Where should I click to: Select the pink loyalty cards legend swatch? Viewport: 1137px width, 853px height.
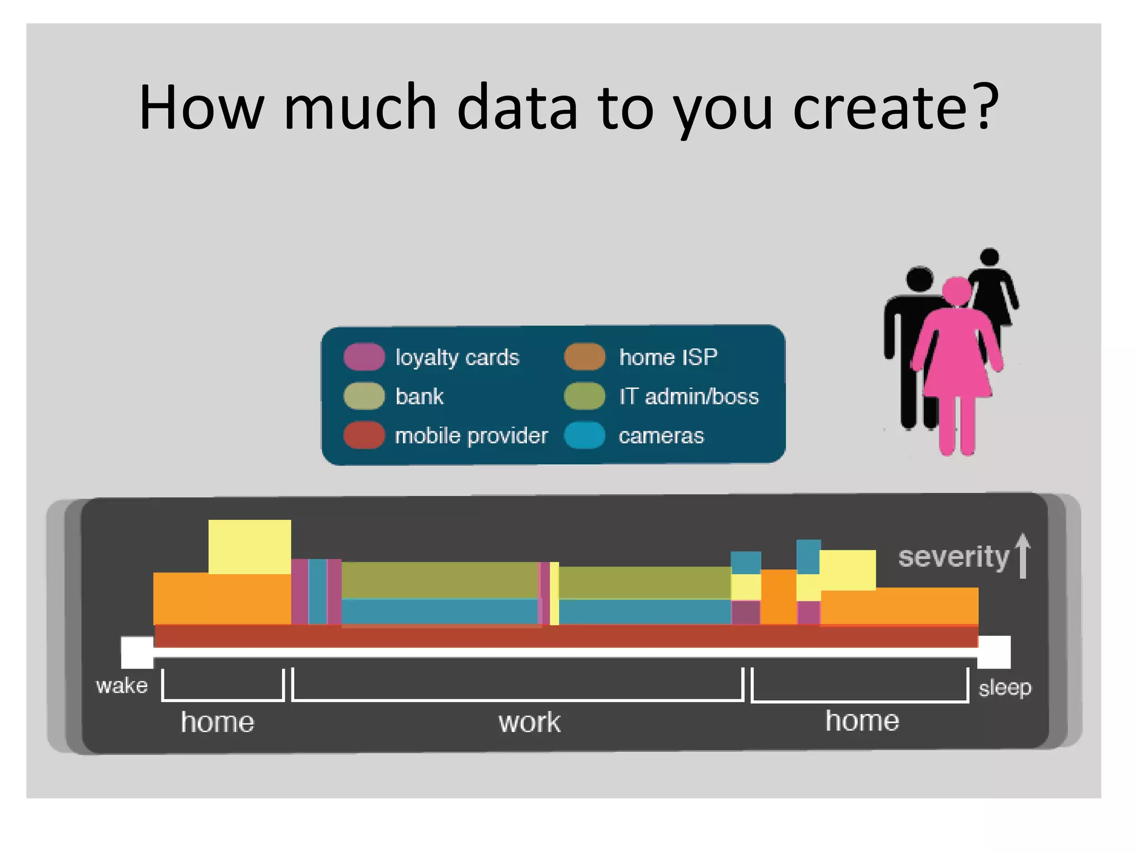(364, 357)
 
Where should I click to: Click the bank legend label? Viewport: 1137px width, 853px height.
(419, 397)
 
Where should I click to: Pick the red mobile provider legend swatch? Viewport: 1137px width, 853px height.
(364, 435)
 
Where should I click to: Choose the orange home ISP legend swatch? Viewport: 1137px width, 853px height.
(584, 357)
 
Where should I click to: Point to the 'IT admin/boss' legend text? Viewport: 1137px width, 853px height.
(688, 397)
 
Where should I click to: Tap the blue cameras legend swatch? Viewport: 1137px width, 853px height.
(584, 435)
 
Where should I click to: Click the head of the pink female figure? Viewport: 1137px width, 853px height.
(956, 290)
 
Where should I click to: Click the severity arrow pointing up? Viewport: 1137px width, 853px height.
(1023, 556)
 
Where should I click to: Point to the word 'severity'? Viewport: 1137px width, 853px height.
(953, 557)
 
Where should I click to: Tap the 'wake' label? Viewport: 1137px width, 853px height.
(122, 686)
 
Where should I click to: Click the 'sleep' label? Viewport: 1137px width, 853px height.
(1004, 688)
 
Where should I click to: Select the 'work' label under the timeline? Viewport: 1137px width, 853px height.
(529, 722)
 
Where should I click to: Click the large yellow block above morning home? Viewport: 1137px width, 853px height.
(249, 546)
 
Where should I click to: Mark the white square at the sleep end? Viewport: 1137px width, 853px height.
(994, 652)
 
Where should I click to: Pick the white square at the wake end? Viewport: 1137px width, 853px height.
(137, 652)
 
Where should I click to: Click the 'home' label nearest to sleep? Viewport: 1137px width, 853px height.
(862, 721)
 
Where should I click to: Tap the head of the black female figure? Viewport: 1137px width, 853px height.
(989, 257)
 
